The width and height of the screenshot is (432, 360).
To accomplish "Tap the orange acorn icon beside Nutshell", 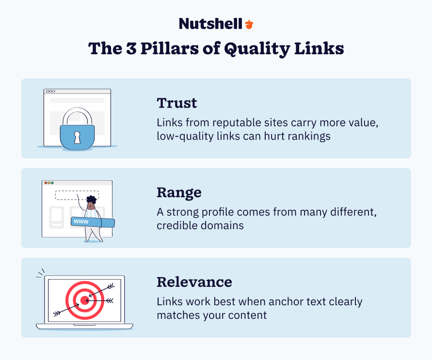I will click(x=249, y=24).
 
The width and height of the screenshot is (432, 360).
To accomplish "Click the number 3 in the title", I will click(x=134, y=49).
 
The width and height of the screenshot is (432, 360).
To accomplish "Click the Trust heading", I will click(x=177, y=103).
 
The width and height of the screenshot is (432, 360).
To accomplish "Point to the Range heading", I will click(x=179, y=192).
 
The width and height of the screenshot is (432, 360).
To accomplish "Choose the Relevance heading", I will click(x=194, y=282).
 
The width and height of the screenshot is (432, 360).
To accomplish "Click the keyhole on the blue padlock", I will click(x=77, y=138).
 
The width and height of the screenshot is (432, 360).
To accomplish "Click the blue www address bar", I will click(x=93, y=222).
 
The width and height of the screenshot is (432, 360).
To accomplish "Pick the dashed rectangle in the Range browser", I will click(x=77, y=195).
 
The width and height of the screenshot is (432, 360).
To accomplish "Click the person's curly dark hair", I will click(x=91, y=200).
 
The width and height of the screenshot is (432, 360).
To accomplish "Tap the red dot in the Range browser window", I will click(x=45, y=183).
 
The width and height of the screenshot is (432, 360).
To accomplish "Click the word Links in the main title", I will click(x=319, y=49).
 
